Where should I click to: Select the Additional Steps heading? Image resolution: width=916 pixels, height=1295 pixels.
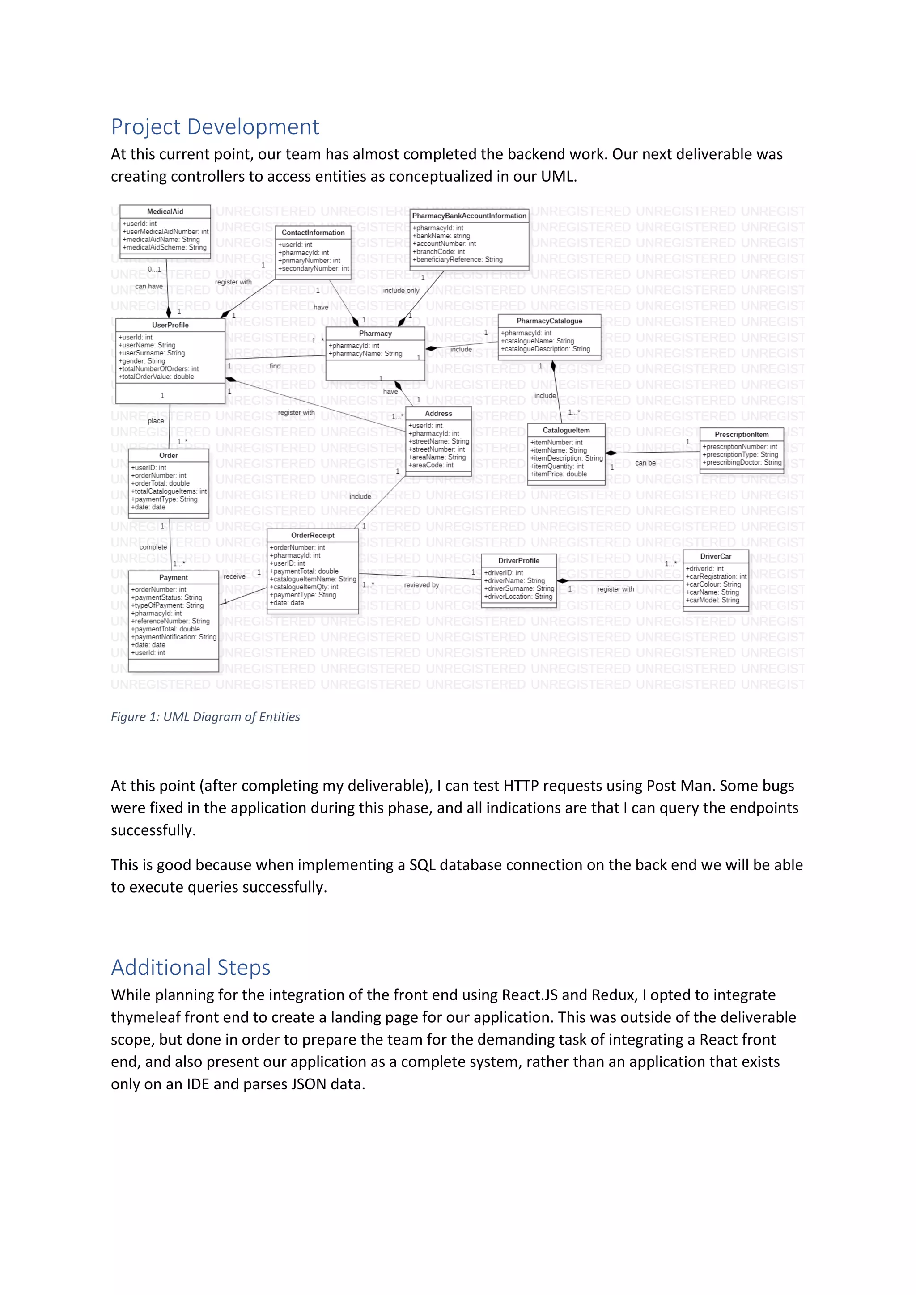point(191,967)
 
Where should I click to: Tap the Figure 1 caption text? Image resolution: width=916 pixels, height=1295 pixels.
point(205,717)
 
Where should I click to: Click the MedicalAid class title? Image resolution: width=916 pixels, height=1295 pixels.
point(165,212)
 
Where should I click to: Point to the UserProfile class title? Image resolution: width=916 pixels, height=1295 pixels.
point(170,325)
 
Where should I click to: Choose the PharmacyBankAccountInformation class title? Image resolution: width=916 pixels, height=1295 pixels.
point(469,216)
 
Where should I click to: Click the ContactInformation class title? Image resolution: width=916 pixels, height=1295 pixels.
point(313,233)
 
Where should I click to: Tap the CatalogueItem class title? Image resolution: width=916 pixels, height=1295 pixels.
point(566,430)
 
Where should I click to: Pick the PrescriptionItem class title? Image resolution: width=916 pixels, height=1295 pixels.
point(742,434)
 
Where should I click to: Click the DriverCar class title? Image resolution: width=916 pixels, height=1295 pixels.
point(716,556)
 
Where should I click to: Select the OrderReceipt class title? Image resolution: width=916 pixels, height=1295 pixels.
point(313,535)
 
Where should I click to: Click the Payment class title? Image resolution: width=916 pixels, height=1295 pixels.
point(173,578)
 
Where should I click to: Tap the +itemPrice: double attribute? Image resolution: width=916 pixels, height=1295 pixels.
point(558,474)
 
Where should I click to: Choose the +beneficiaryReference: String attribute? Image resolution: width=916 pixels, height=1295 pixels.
point(458,259)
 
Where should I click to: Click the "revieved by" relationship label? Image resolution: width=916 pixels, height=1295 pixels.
point(421,585)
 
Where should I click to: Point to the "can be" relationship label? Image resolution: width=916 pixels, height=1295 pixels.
point(645,463)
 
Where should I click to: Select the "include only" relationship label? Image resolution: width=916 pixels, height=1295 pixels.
point(401,291)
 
